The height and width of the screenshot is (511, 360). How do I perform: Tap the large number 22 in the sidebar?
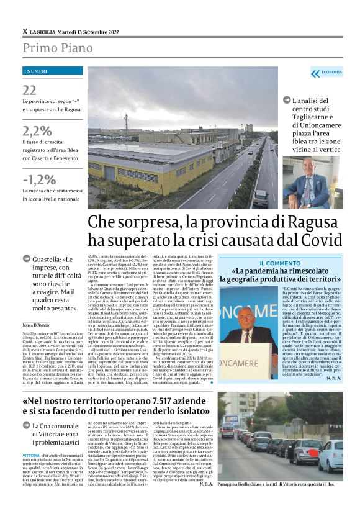(29, 91)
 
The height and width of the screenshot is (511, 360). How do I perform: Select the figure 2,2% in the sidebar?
(37, 130)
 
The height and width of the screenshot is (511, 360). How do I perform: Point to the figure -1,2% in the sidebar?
(39, 179)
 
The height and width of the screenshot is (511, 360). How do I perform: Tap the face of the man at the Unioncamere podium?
(249, 314)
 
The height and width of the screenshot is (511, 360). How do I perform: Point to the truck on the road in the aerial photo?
(261, 197)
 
